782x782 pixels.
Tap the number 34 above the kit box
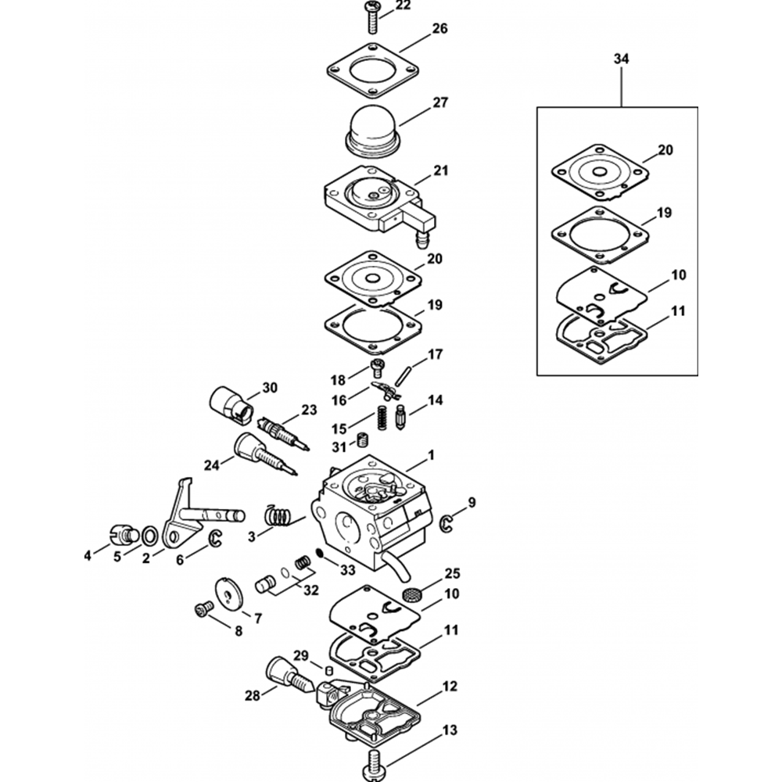point(622,59)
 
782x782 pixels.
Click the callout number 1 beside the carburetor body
point(431,455)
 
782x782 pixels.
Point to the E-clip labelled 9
point(446,522)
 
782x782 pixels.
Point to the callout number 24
point(211,465)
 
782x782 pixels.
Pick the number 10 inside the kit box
point(678,275)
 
